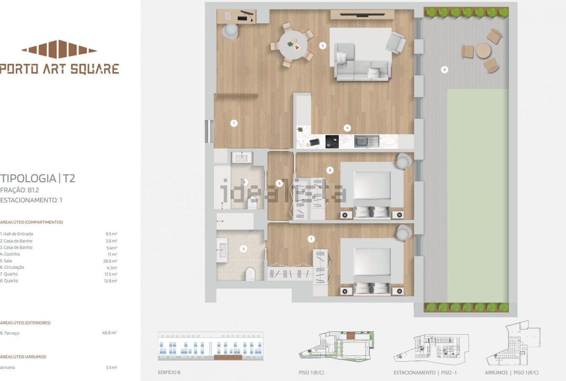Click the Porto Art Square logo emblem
click(x=59, y=49)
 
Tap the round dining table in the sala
click(x=293, y=45)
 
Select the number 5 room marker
click(x=322, y=46)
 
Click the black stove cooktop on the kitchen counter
click(x=332, y=142)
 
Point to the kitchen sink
click(x=367, y=141)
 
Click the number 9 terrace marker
click(x=444, y=69)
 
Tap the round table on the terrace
click(x=483, y=51)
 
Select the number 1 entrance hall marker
click(x=234, y=123)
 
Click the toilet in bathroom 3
click(x=250, y=274)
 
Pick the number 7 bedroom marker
click(x=311, y=239)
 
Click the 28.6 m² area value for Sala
click(x=110, y=261)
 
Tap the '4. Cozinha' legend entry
click(x=10, y=254)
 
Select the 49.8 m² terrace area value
click(x=109, y=333)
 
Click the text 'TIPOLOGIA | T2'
click(x=38, y=179)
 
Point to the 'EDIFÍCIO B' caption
click(x=169, y=372)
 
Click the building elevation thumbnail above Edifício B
click(x=211, y=346)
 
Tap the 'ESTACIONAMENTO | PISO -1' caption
click(x=425, y=373)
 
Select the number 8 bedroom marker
click(x=330, y=170)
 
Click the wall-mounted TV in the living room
click(x=362, y=15)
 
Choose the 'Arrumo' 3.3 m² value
click(x=111, y=367)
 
